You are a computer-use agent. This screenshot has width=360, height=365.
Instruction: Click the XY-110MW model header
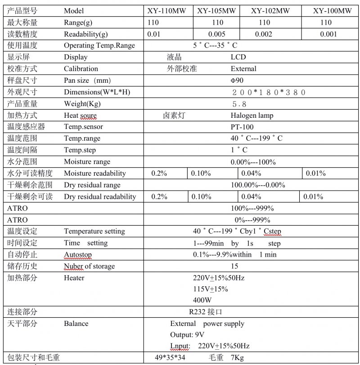click(168, 11)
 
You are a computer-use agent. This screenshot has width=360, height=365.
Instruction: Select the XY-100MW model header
click(333, 11)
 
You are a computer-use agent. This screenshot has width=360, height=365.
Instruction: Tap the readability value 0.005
click(217, 34)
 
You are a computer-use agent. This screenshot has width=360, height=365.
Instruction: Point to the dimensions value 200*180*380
click(269, 92)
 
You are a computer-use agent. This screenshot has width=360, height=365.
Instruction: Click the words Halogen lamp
click(252, 116)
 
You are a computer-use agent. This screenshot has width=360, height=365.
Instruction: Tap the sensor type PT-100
click(242, 127)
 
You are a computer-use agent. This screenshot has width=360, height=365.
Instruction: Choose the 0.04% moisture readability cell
click(251, 173)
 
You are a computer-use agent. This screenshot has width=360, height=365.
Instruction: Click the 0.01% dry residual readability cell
click(313, 196)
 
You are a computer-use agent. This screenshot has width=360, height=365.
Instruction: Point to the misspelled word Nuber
click(73, 266)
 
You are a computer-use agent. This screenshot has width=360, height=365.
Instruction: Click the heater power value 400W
click(202, 300)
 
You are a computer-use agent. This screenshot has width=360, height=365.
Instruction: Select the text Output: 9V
click(187, 335)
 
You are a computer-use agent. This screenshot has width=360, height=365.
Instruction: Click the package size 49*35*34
click(170, 358)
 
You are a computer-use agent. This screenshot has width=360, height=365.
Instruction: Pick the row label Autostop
click(78, 254)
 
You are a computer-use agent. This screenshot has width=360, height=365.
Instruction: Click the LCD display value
click(238, 57)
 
